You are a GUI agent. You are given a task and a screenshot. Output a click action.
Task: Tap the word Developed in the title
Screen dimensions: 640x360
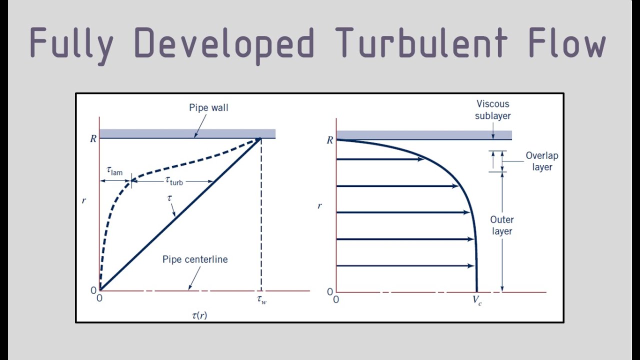[x=224, y=45]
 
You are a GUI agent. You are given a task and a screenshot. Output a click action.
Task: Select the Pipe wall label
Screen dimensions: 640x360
[x=208, y=107]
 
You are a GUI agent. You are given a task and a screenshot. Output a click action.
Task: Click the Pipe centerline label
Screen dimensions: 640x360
[x=195, y=259]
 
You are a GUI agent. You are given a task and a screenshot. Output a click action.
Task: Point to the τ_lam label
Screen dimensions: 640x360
[x=114, y=171]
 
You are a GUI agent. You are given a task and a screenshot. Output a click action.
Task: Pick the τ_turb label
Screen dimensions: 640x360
[x=174, y=181]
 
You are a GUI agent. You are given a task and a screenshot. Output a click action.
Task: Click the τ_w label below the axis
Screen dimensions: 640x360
[x=261, y=299]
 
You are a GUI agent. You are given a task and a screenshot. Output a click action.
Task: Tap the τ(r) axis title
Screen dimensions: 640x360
[x=199, y=315]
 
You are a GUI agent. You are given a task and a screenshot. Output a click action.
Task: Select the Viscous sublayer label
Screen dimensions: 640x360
[x=493, y=109]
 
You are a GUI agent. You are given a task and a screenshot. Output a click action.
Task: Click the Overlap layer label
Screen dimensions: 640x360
[x=542, y=161]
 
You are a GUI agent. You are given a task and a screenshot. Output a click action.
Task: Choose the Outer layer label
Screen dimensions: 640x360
[x=502, y=225]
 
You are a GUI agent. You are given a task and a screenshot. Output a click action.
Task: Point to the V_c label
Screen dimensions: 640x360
[x=477, y=300]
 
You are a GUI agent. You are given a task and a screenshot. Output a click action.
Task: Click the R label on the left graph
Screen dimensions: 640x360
[x=93, y=139]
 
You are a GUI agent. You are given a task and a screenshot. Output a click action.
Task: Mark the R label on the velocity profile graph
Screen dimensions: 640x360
[x=329, y=140]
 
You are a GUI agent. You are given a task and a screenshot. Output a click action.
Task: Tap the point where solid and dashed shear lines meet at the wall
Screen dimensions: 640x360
[x=260, y=139]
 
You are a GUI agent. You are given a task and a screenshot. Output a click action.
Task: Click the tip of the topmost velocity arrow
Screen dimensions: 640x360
[x=424, y=159]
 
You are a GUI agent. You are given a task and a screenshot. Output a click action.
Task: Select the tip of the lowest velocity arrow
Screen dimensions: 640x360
[x=474, y=266]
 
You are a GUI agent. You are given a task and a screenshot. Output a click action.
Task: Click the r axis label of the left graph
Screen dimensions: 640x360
[x=83, y=201]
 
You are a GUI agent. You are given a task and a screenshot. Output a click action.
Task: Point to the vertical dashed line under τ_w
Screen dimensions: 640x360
[x=261, y=215]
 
